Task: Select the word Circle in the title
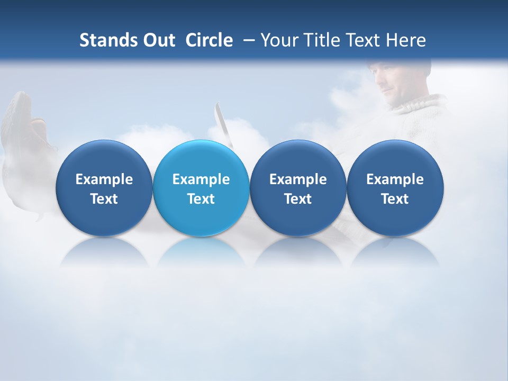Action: [x=209, y=40]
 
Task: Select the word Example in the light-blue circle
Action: [x=201, y=179]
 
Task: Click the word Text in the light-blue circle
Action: [x=201, y=199]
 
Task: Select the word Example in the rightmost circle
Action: [x=395, y=179]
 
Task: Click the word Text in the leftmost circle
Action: [x=104, y=199]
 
